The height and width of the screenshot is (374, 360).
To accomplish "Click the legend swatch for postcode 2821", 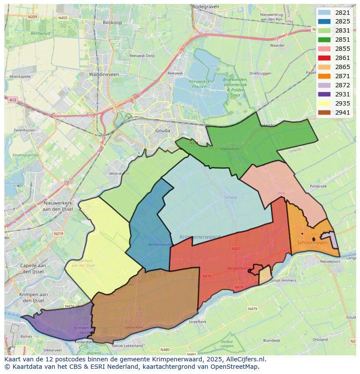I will (324, 13).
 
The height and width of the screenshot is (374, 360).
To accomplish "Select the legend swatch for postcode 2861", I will (324, 58).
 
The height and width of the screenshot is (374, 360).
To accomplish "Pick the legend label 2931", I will (343, 94).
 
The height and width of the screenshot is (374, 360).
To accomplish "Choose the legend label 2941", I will (343, 113).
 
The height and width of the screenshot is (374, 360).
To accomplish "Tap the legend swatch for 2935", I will (324, 103).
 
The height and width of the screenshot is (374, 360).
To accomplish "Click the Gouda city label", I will (163, 130).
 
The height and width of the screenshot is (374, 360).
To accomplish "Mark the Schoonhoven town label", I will (312, 242).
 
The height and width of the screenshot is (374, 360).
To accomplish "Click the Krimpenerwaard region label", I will (200, 237).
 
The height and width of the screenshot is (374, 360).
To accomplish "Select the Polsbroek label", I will (318, 186).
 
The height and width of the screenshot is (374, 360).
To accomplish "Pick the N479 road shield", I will (253, 308).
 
